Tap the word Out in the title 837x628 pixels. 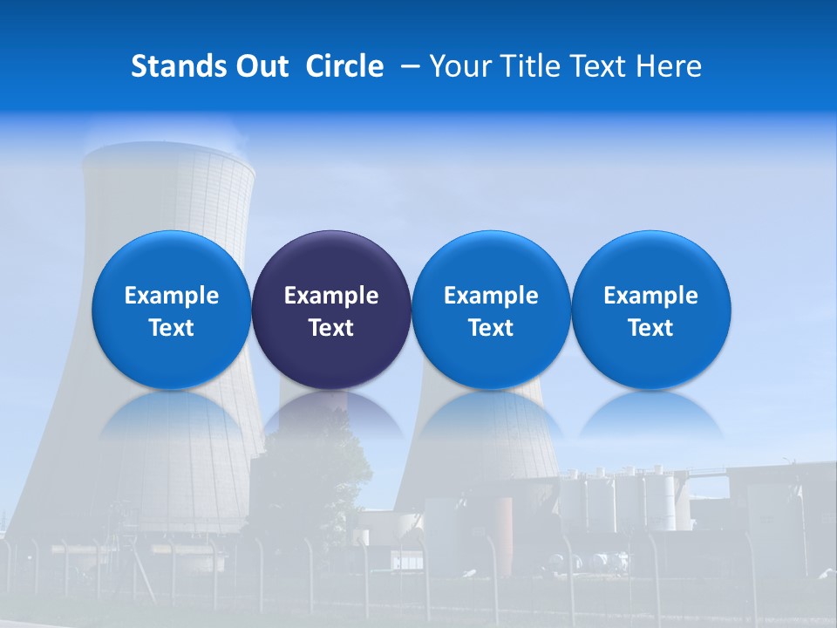(262, 66)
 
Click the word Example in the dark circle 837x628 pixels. (331, 296)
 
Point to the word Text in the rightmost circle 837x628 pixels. (651, 328)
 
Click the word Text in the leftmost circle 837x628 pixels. (172, 328)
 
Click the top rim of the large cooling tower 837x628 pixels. (168, 157)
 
